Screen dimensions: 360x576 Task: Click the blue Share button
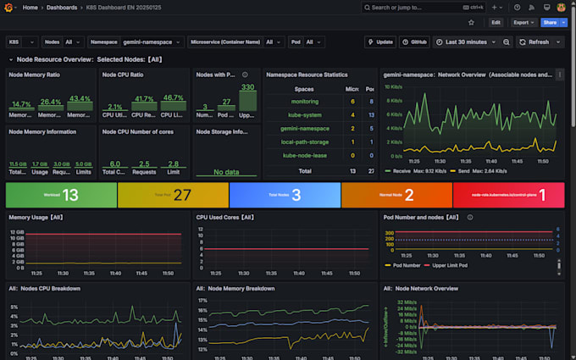549,23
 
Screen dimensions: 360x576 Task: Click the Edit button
496,23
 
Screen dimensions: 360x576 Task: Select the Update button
380,42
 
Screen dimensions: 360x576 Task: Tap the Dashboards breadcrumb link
61,7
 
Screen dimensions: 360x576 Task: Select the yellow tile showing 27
173,196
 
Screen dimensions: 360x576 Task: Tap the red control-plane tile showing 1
509,196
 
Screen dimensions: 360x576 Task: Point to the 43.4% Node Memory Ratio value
80,99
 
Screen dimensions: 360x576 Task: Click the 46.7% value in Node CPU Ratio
173,99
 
